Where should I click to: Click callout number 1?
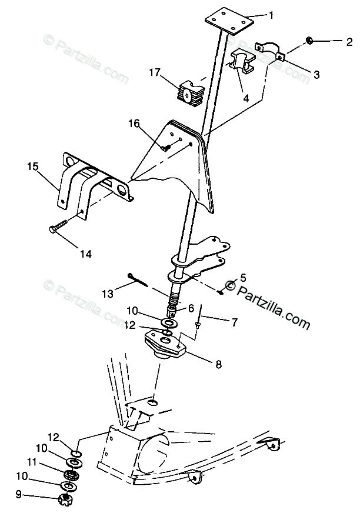[x=271, y=16]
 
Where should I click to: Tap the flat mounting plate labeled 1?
[x=229, y=19]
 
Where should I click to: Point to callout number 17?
[x=155, y=73]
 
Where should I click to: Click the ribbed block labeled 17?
[x=189, y=92]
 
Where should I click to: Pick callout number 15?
[x=32, y=167]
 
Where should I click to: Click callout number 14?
[x=86, y=254]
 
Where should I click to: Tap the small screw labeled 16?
[x=165, y=147]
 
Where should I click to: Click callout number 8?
[x=219, y=364]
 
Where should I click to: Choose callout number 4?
[x=246, y=98]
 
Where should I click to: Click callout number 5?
[x=243, y=277]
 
